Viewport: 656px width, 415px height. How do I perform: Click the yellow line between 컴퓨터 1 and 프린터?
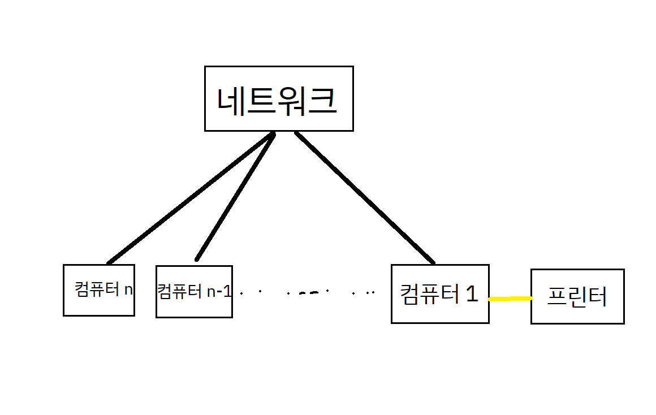pos(510,299)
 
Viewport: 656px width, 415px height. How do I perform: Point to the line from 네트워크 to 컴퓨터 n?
pos(189,199)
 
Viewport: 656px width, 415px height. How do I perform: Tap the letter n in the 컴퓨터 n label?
pos(128,290)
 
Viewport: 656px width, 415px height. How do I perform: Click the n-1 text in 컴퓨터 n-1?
pos(219,292)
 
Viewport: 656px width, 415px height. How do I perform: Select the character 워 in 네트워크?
pos(292,101)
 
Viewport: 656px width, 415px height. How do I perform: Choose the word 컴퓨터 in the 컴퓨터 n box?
pos(97,290)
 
